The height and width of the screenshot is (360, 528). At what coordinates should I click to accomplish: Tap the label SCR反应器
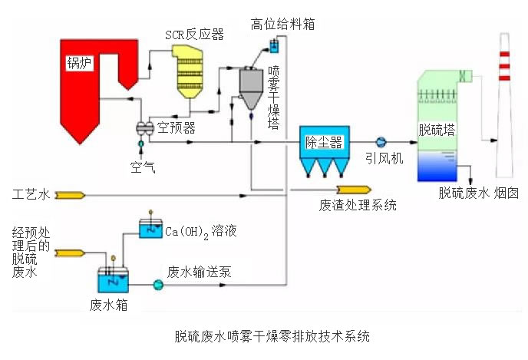(194, 35)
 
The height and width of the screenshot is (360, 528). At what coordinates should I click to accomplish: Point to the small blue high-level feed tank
(274, 47)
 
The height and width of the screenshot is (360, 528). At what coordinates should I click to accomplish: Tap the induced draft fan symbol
(380, 141)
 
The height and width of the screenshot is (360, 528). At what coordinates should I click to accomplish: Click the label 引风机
(384, 158)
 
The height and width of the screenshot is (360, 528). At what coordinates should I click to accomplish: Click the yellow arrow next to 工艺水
(69, 195)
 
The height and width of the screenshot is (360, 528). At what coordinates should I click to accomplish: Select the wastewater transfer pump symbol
(158, 286)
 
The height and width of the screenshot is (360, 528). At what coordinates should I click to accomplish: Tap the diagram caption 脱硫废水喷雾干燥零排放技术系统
(272, 335)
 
